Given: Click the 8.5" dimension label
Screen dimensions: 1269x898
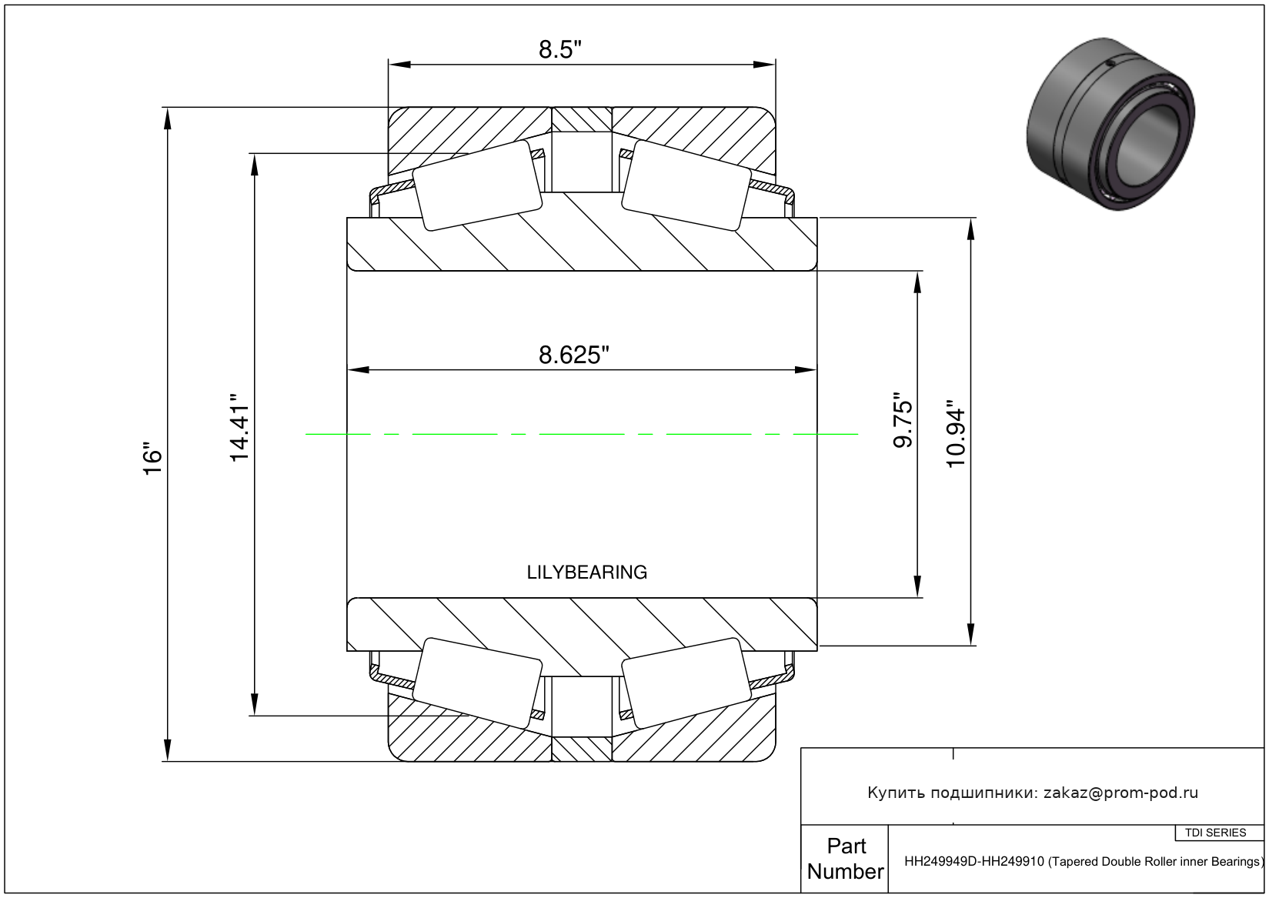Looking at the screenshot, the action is click(x=559, y=50).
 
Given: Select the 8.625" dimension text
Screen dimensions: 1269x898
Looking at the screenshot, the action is click(x=574, y=356).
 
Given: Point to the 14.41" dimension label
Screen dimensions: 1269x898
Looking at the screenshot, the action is click(x=239, y=427).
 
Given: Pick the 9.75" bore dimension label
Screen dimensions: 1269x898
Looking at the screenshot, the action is click(x=903, y=420).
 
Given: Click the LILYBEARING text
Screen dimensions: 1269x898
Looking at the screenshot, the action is click(x=587, y=573).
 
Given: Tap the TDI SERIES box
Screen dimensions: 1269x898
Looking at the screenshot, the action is click(x=1216, y=833).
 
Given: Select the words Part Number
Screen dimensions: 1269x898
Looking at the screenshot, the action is click(x=846, y=858).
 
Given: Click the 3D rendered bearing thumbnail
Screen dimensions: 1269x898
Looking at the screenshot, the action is click(x=1111, y=124).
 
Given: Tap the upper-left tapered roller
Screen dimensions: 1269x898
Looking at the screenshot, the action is click(x=477, y=185).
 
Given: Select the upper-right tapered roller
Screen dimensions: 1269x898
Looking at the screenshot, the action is click(x=686, y=185).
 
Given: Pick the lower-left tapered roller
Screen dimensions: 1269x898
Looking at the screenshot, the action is click(x=477, y=683).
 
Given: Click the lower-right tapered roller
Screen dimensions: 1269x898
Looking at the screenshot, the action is click(x=686, y=683).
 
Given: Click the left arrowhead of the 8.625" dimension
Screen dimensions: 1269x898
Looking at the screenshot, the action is click(x=358, y=370).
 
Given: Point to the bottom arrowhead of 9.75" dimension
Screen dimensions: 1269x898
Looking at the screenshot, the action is click(x=918, y=586).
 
